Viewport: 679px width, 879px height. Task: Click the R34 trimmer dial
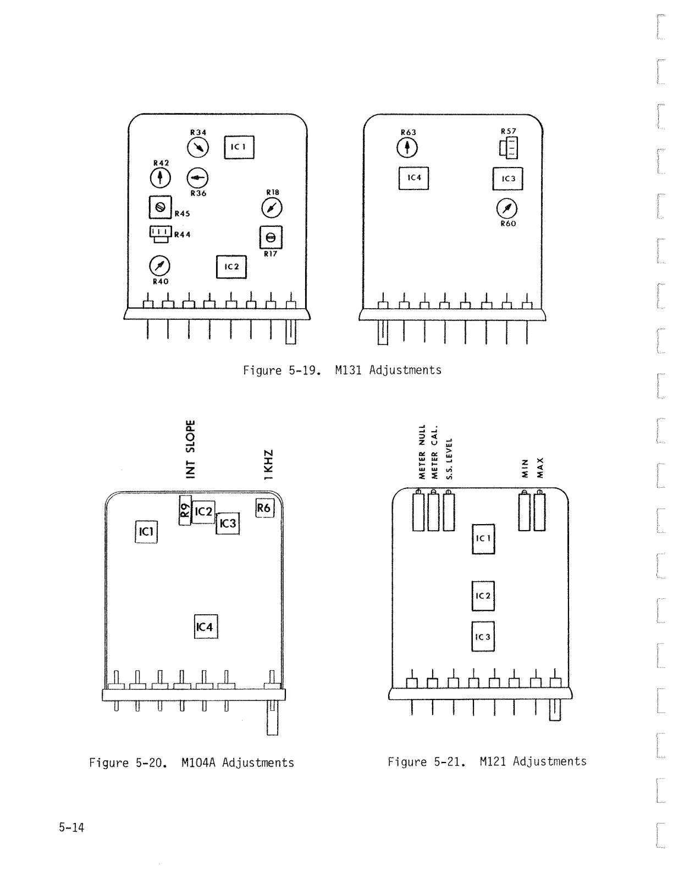pos(198,147)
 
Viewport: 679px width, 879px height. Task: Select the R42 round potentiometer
pos(160,178)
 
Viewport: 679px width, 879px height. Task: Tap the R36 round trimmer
pos(198,177)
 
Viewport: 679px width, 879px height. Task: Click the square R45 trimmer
pos(161,208)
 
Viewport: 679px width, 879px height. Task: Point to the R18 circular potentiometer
pos(271,208)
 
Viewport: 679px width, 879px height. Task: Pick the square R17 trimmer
pos(271,237)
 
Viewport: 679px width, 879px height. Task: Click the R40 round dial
pos(160,266)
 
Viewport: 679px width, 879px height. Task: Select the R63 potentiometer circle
pos(407,147)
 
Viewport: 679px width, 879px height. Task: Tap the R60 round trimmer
pos(507,209)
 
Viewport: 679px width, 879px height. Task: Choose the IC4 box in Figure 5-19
pos(413,178)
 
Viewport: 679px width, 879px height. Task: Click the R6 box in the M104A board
pos(264,508)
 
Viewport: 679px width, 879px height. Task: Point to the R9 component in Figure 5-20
pos(185,512)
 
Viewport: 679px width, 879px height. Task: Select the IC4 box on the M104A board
pos(206,626)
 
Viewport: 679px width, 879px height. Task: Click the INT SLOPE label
pos(190,449)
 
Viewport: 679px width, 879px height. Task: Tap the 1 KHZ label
pos(268,465)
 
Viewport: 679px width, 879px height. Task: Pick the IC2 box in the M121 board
pos(483,596)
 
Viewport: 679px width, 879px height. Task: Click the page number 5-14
pos(71,827)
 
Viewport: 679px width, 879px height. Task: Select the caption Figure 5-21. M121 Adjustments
pos(487,761)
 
